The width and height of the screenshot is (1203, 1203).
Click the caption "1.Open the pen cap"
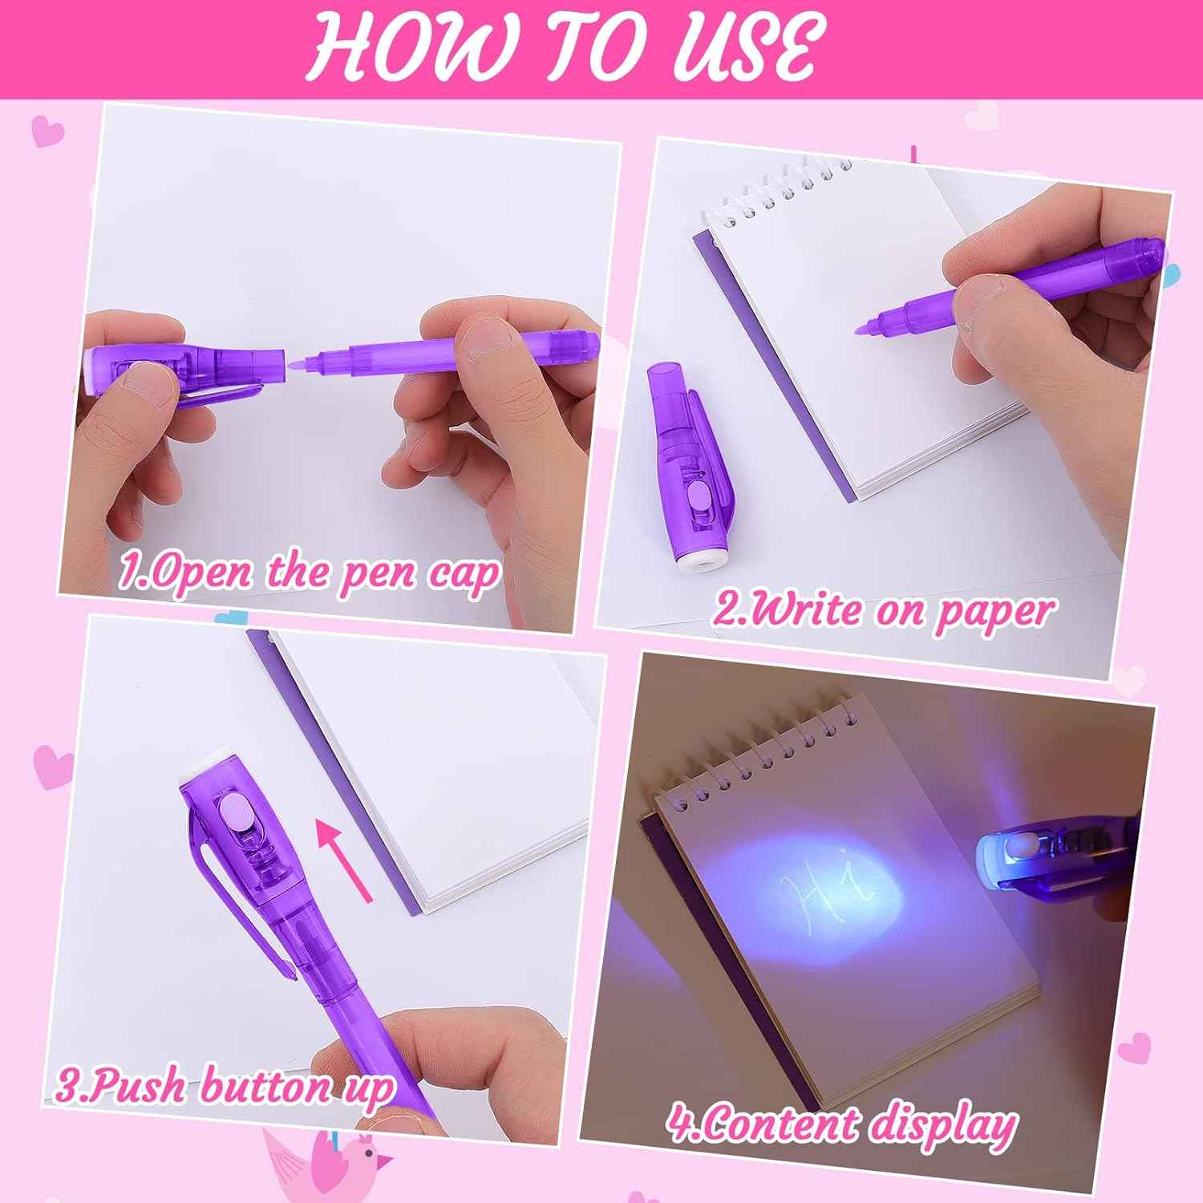309,571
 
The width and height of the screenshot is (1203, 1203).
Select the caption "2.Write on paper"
882,611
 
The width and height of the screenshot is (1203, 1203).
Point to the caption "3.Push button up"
225,1088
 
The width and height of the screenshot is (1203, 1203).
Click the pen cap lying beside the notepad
686,465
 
